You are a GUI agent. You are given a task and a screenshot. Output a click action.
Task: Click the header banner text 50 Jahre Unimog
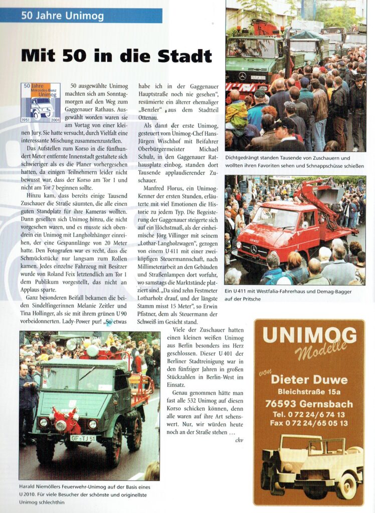tap(63, 16)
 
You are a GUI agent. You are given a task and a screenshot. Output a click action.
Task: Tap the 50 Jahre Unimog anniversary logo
tap(41, 103)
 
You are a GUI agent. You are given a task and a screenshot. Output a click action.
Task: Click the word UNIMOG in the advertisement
tap(309, 335)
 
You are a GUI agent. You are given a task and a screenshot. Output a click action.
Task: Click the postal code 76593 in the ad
tap(286, 404)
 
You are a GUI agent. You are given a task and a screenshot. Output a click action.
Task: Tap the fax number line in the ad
tap(309, 422)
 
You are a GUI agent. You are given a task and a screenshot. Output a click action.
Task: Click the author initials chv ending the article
tap(239, 440)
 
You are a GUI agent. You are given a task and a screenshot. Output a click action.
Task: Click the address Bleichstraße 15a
tap(309, 392)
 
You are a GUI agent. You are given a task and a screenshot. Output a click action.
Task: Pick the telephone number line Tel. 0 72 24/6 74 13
tap(309, 414)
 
